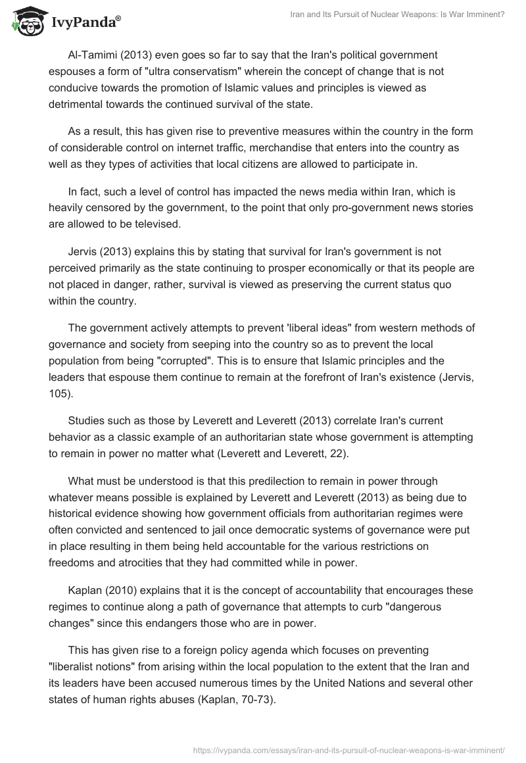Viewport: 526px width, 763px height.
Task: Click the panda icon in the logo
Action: (24, 22)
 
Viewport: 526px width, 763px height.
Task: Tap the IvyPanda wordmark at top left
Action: (84, 23)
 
